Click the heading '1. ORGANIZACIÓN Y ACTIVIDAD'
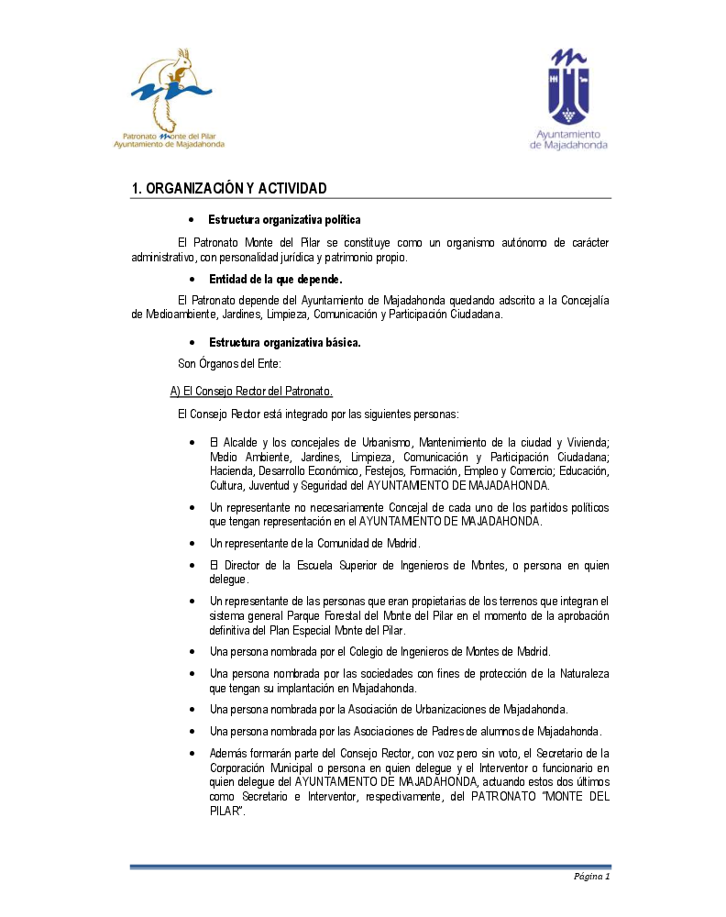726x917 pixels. pos(229,188)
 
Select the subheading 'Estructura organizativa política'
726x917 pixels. pos(284,220)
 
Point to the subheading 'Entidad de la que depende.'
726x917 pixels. pos(275,279)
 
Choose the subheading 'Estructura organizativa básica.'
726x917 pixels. pos(284,343)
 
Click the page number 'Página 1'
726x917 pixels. pos(591,876)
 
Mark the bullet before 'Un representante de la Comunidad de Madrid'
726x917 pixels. pos(191,544)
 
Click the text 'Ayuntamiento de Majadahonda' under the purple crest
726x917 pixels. pos(568,138)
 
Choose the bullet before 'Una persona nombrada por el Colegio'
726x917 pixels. pos(191,652)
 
